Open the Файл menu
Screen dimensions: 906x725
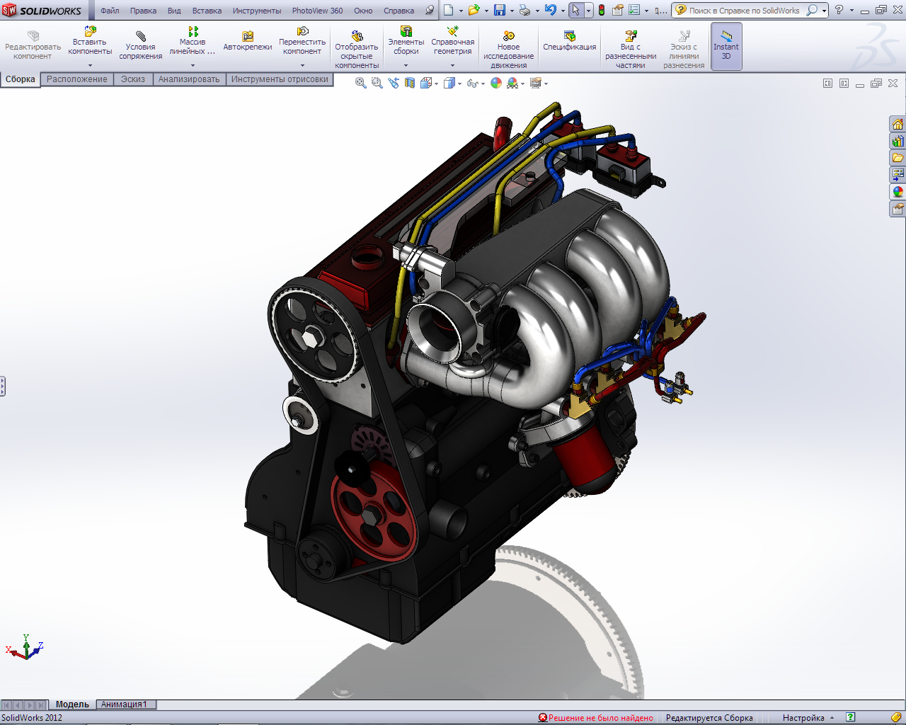(x=110, y=11)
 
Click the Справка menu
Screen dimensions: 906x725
(x=398, y=11)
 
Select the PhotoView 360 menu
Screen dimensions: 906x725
(x=317, y=11)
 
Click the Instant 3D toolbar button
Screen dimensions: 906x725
(x=726, y=46)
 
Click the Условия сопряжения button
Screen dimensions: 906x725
(x=141, y=45)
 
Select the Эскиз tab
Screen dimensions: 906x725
(x=133, y=79)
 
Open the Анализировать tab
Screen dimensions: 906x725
(x=189, y=79)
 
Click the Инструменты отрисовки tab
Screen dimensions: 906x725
(x=280, y=79)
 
